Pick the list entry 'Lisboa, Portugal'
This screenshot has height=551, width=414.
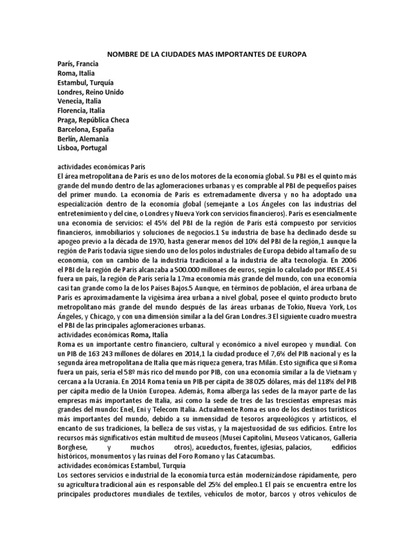tap(83, 147)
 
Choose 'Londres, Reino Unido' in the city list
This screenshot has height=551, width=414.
tap(91, 91)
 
